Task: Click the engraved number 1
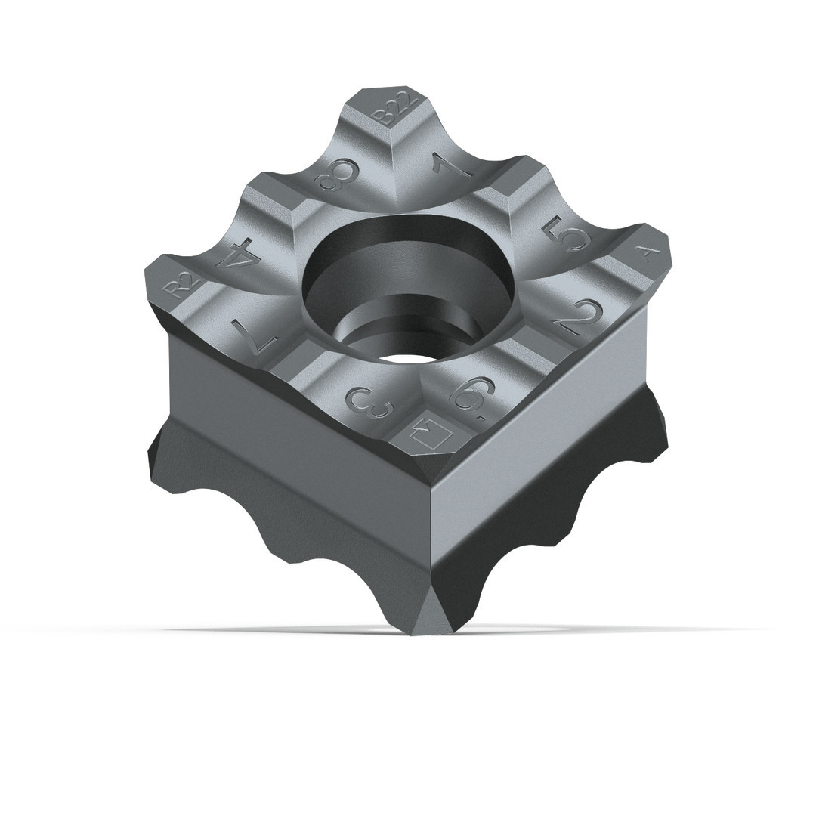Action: pos(451,165)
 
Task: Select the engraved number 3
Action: pos(372,406)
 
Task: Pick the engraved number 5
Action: pos(569,234)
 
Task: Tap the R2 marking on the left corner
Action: pos(183,283)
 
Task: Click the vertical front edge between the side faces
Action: pos(431,544)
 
